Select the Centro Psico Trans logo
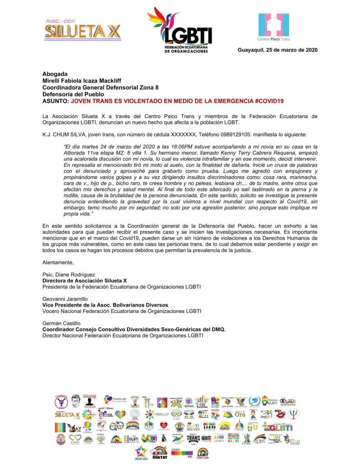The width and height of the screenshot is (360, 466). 274,27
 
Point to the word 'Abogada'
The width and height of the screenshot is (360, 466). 55,74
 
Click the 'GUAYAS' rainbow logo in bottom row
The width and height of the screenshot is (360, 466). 159,452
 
